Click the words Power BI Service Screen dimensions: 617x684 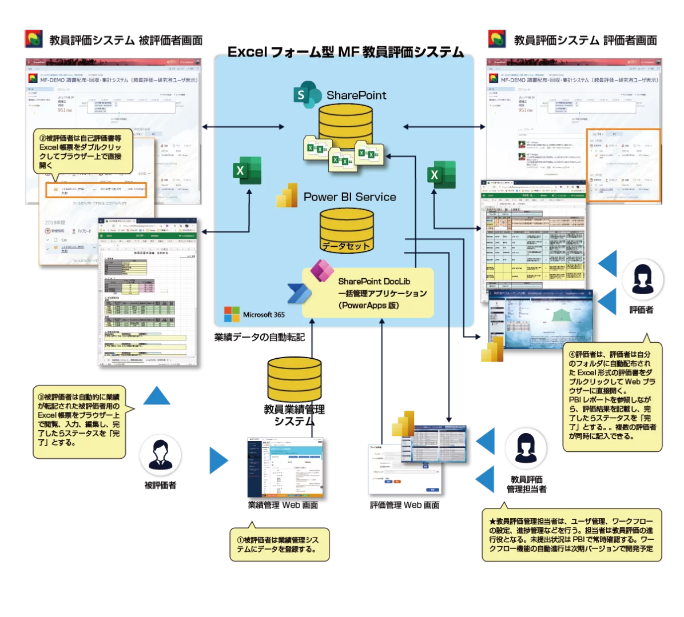(349, 197)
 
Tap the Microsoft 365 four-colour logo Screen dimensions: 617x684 (232, 314)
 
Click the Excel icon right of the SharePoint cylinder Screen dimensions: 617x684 (442, 174)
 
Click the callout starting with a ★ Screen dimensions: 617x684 (571, 535)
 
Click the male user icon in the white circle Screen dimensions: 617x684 (160, 455)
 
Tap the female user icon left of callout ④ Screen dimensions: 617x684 (642, 279)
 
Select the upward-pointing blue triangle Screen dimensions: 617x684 (157, 395)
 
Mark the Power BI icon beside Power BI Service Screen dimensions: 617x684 (287, 195)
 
